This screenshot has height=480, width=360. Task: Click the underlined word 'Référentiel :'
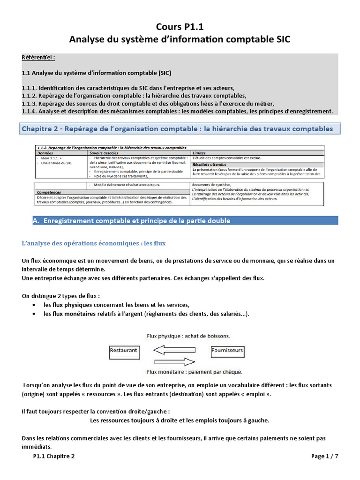(38, 57)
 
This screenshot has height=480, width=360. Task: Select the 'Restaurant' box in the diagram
(123, 350)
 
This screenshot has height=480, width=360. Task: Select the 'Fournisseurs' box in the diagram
(227, 350)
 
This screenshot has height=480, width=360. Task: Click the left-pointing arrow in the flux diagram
(175, 350)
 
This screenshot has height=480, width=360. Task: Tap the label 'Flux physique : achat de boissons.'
(180, 336)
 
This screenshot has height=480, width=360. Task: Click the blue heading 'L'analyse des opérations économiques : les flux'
(94, 244)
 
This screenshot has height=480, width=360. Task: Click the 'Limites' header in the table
(199, 153)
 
